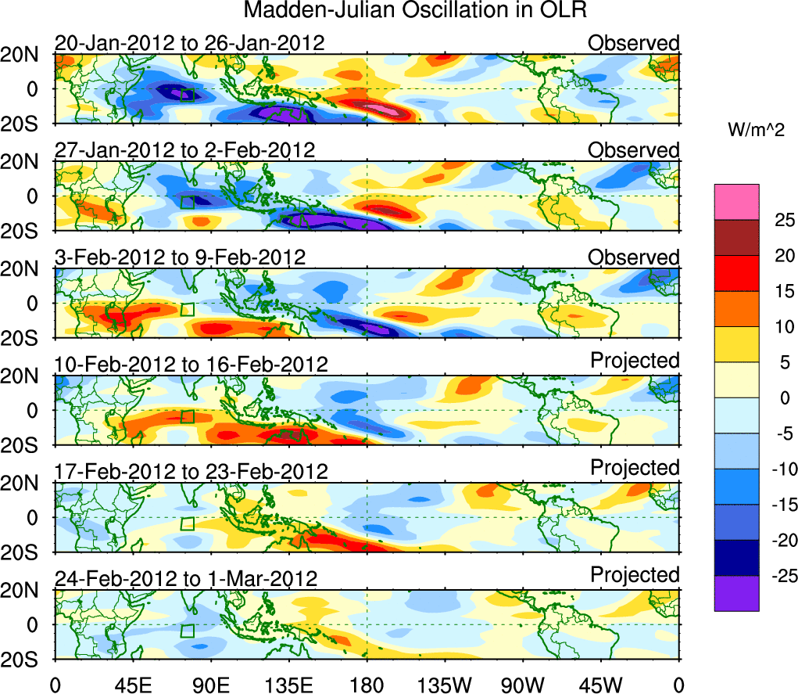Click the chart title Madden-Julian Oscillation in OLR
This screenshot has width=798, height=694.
coord(415,11)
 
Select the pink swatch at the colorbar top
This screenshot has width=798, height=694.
coord(735,202)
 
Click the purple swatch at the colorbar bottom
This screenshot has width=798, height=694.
coord(735,593)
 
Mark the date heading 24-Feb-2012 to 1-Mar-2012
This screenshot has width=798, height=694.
coord(186,579)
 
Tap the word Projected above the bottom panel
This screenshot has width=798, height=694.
coord(635,574)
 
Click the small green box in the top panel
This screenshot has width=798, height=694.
coord(188,95)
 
